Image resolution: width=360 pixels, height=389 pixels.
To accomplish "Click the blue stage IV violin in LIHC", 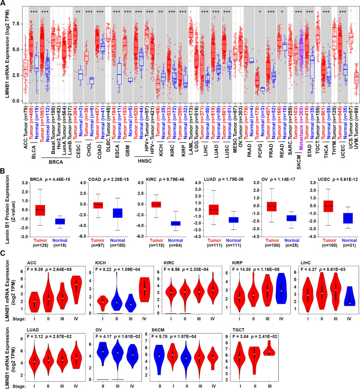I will click(339, 296).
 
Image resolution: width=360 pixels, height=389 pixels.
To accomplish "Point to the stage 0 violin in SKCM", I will click(160, 355).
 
